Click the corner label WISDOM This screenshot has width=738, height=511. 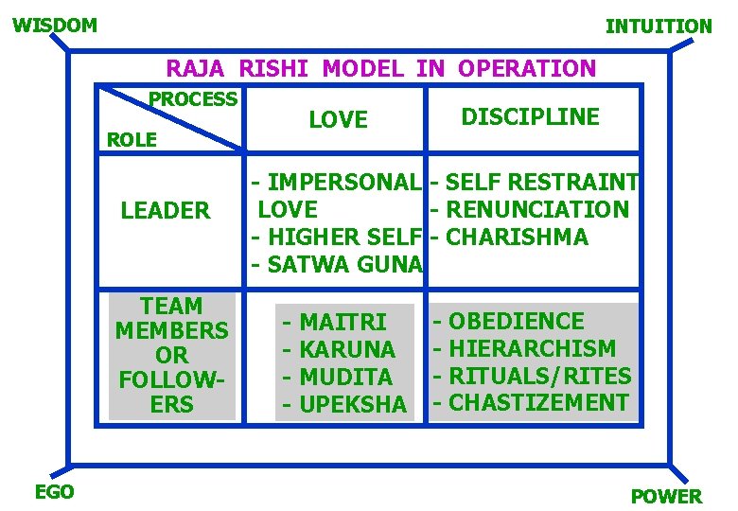click(55, 25)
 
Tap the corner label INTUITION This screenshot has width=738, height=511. click(659, 26)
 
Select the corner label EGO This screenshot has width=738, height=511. click(54, 491)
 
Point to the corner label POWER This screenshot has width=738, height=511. click(666, 496)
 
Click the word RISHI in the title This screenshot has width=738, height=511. click(276, 68)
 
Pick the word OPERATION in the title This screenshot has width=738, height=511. click(527, 68)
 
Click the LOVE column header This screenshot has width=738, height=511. click(338, 119)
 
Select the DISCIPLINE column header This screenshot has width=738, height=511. click(530, 116)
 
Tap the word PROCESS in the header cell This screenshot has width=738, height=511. click(193, 98)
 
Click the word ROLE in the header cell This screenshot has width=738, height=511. click(132, 140)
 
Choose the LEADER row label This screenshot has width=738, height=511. click(166, 210)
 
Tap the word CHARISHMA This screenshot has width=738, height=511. click(516, 237)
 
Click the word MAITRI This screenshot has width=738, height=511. click(343, 322)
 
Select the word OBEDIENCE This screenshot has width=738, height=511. click(516, 321)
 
